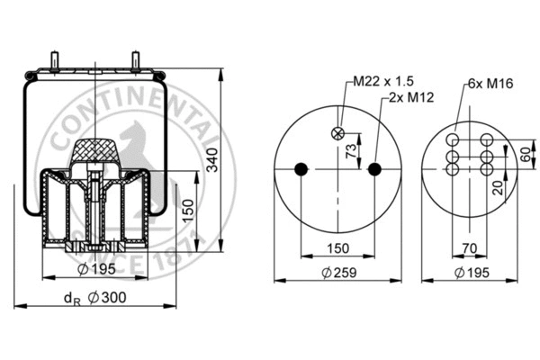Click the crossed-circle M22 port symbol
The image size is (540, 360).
tap(338, 133)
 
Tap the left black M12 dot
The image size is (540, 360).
tap(301, 168)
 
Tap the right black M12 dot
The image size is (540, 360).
tap(375, 168)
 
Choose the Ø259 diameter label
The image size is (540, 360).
tap(338, 274)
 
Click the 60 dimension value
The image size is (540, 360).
tap(524, 153)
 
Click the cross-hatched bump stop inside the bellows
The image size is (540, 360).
tap(95, 145)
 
